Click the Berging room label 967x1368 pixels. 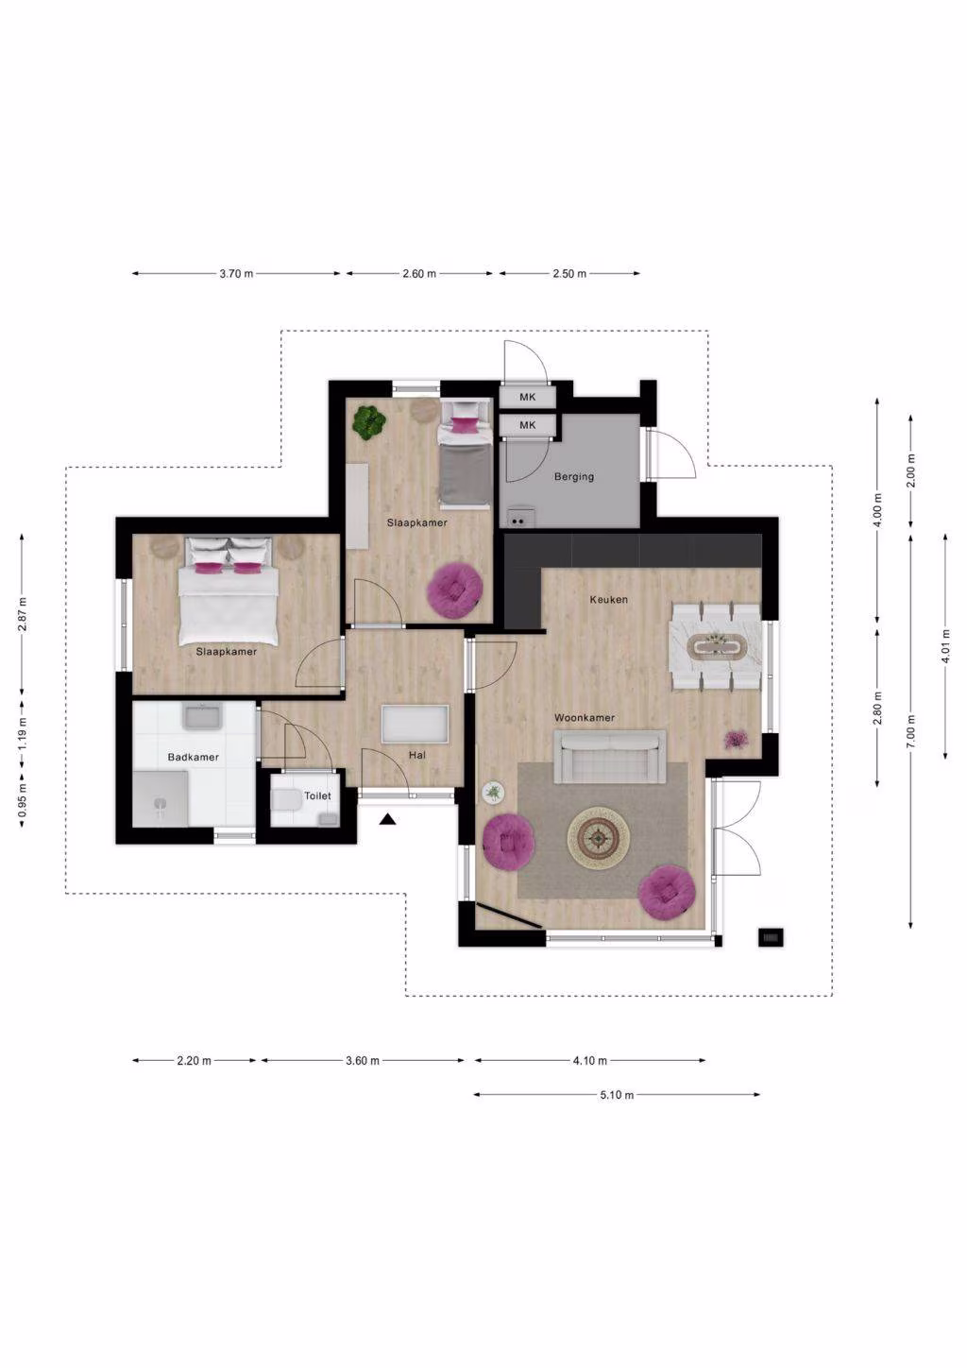tap(574, 476)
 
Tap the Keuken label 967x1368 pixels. tap(609, 600)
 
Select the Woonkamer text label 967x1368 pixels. tap(585, 718)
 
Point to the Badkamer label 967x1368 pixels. tap(193, 758)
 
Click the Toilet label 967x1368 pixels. tap(317, 795)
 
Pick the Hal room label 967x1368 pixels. tap(417, 756)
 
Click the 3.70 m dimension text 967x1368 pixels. tap(236, 274)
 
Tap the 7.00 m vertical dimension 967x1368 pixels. tap(910, 730)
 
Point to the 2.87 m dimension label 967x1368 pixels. tap(22, 614)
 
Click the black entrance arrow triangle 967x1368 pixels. tap(388, 820)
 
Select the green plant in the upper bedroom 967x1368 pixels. tap(368, 422)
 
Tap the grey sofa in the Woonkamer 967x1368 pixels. tap(610, 757)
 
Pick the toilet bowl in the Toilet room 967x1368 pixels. tap(283, 800)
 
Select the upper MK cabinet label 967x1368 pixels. tap(528, 397)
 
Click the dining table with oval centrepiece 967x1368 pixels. tap(716, 647)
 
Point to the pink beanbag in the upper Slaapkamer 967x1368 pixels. tap(455, 589)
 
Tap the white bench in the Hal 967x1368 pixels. tap(416, 725)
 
